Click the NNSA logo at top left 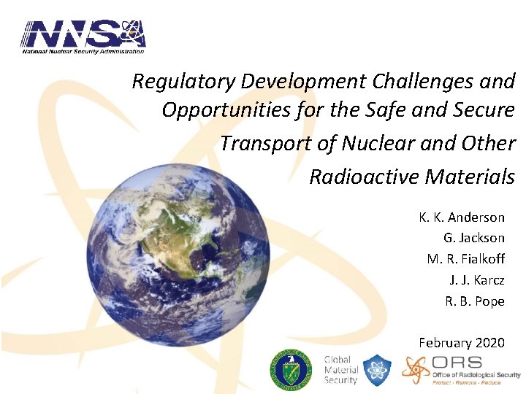83,36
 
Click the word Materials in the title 470,177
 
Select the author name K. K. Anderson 461,217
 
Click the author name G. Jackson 473,238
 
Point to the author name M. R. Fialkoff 465,259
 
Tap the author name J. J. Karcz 476,280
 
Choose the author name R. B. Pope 475,301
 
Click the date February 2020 461,342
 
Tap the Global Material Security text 340,370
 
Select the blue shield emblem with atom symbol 378,370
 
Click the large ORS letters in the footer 457,363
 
